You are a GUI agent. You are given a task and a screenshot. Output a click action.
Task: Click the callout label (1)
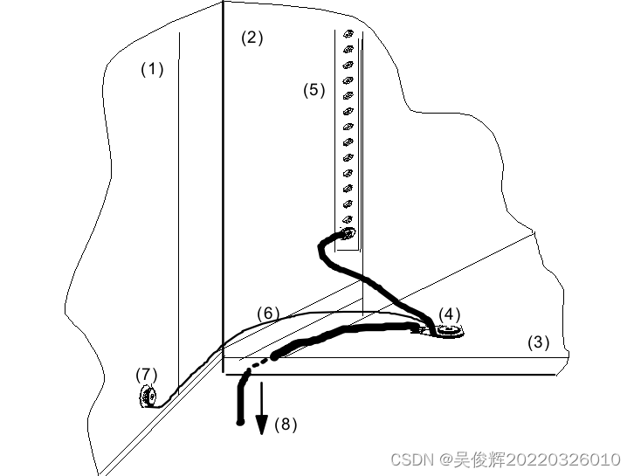click(153, 70)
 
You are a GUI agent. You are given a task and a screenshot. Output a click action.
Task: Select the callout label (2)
click(252, 38)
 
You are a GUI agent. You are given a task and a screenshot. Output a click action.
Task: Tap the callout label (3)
click(538, 341)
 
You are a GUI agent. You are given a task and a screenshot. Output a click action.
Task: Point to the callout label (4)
click(450, 314)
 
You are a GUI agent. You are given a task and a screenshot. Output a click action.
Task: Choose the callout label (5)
click(314, 89)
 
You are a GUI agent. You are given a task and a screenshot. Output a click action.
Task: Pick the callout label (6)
click(267, 313)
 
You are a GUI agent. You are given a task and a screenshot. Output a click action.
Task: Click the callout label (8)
click(286, 424)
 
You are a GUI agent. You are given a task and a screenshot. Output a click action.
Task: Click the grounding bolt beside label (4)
click(451, 331)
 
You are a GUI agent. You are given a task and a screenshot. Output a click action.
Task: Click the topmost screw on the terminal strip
click(348, 34)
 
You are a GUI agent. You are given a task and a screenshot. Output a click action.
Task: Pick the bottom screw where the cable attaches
click(349, 233)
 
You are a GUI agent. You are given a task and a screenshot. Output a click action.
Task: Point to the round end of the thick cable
click(240, 423)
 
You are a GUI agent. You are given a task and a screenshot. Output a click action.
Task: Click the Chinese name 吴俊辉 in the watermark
click(479, 459)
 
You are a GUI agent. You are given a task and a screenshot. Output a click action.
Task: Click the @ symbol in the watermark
click(444, 459)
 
